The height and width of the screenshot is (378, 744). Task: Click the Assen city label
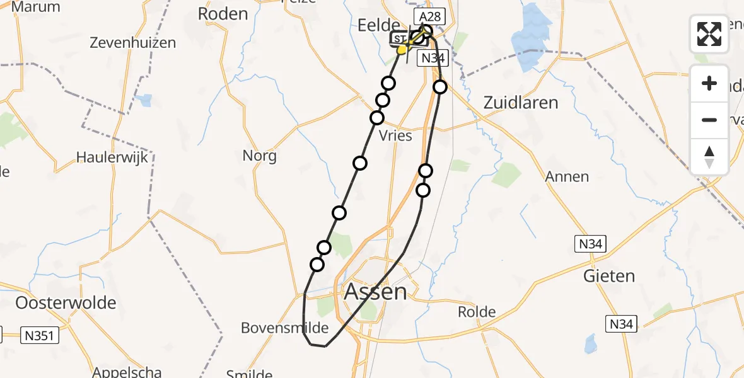click(x=376, y=292)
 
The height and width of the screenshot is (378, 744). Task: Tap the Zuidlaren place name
click(x=521, y=103)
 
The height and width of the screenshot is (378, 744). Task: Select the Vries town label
click(x=395, y=135)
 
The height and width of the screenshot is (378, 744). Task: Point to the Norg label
click(x=259, y=155)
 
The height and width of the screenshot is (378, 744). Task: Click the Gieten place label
click(x=609, y=276)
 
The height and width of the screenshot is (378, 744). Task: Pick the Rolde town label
click(x=477, y=312)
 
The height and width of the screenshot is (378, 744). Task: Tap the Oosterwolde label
click(x=66, y=302)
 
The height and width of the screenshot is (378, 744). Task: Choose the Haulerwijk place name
click(x=112, y=157)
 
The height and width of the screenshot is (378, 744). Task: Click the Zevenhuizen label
click(x=132, y=43)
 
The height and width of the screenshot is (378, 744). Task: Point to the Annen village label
click(x=568, y=177)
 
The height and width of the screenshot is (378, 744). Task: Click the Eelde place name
click(x=379, y=25)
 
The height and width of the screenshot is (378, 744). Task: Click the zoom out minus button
click(x=709, y=120)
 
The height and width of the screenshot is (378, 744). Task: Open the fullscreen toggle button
click(x=709, y=34)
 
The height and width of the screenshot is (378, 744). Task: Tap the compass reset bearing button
click(x=709, y=156)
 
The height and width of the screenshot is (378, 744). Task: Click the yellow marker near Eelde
click(x=402, y=49)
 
